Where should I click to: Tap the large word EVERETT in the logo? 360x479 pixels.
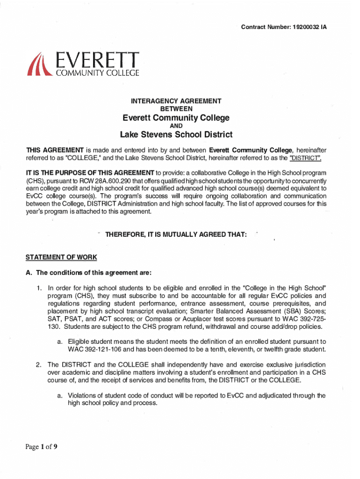[x=98, y=59]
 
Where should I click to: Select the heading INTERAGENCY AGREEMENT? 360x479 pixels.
[x=176, y=101]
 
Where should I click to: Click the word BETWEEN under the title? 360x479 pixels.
[x=176, y=109]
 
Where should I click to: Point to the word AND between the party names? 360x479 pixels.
[x=176, y=126]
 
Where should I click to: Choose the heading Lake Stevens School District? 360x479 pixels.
[x=176, y=135]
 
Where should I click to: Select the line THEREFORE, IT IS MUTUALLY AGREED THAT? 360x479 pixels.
[x=176, y=234]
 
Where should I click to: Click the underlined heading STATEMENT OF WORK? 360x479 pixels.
[x=61, y=257]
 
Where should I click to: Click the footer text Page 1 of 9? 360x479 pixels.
[x=41, y=447]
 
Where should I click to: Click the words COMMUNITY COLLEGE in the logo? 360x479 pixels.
[x=98, y=73]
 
